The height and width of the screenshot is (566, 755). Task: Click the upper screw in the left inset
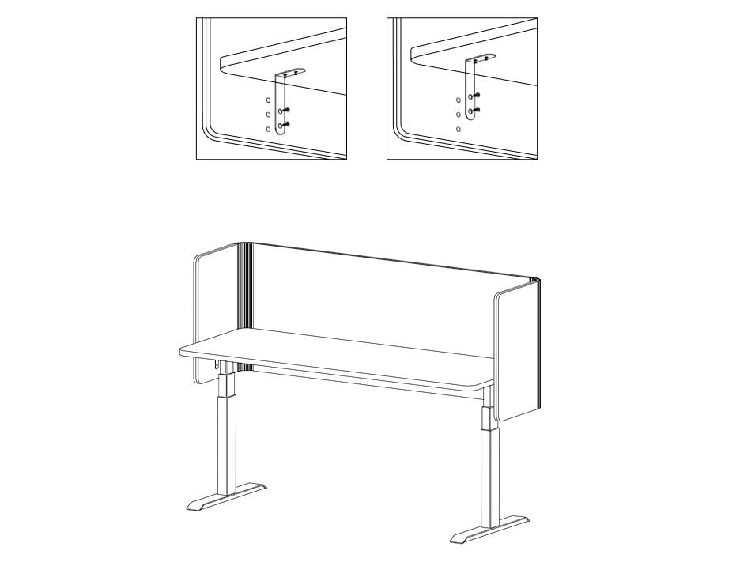pos(285,110)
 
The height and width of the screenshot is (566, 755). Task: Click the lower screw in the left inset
pos(285,125)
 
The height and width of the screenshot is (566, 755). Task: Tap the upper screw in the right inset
pos(475,96)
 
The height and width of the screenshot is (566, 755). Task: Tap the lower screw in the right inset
pos(475,111)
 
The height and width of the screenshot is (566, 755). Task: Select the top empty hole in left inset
pos(269,100)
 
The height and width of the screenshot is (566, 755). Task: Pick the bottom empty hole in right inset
pos(459,129)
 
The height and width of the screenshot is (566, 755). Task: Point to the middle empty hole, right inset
pos(459,115)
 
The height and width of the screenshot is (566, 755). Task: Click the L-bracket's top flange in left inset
pos(290,73)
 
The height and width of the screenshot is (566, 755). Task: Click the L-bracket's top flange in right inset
pos(480,58)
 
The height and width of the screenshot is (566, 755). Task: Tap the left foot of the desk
pos(225,499)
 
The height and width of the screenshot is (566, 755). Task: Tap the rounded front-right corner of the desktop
pos(484,386)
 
